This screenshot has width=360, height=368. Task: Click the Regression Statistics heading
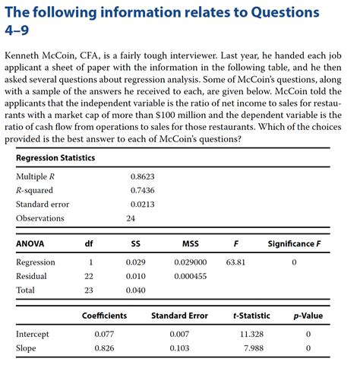(x=55, y=158)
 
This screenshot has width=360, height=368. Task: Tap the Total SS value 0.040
(x=135, y=290)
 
